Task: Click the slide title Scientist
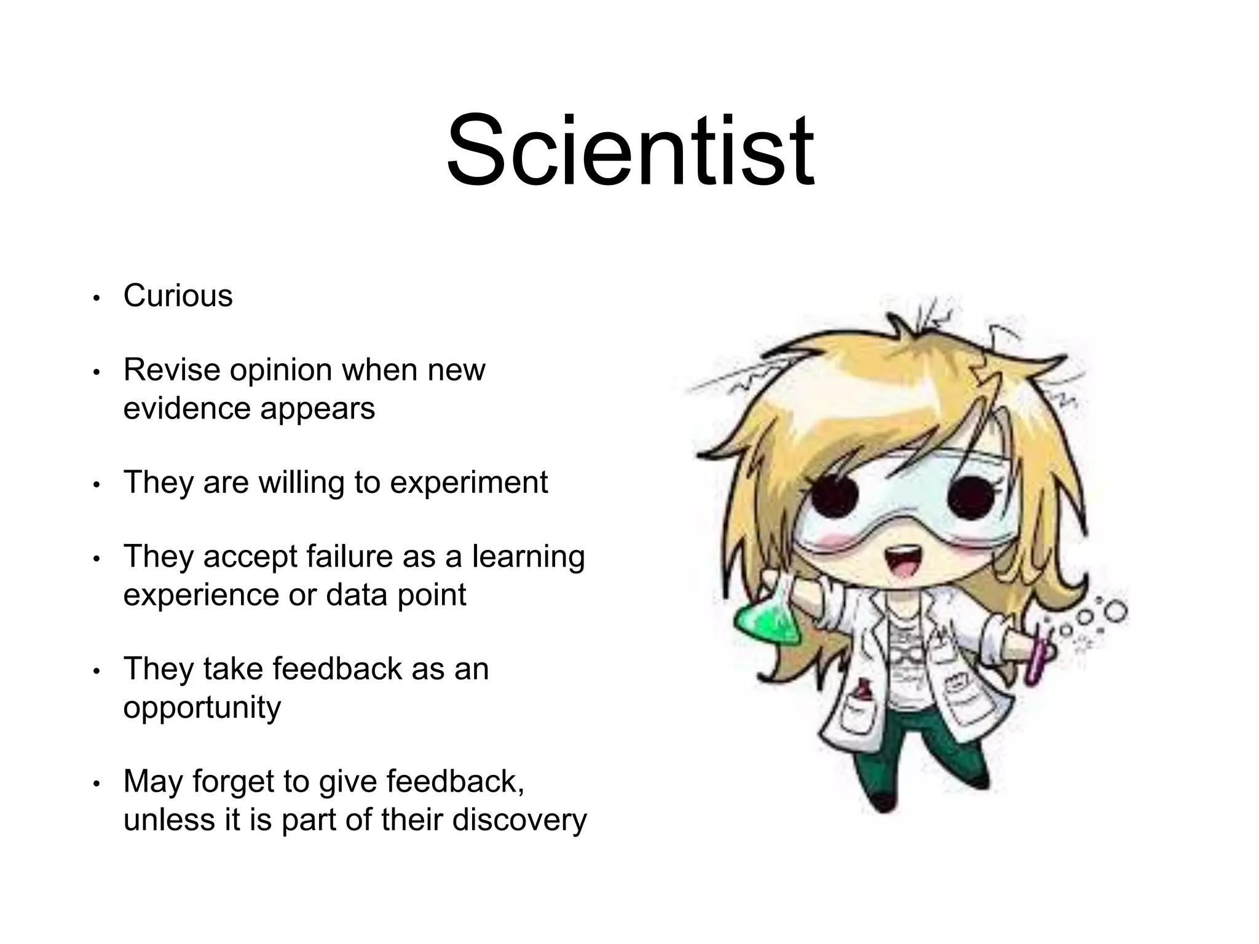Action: coord(630,151)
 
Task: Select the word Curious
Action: coord(178,296)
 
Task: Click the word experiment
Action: coord(468,482)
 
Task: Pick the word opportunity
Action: coord(202,708)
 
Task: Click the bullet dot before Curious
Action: coord(96,298)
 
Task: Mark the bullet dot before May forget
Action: coord(96,784)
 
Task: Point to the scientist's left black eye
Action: coord(835,495)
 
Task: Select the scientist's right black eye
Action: coord(970,495)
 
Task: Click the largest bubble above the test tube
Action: coord(1114,611)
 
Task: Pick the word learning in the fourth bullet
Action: coord(528,557)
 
